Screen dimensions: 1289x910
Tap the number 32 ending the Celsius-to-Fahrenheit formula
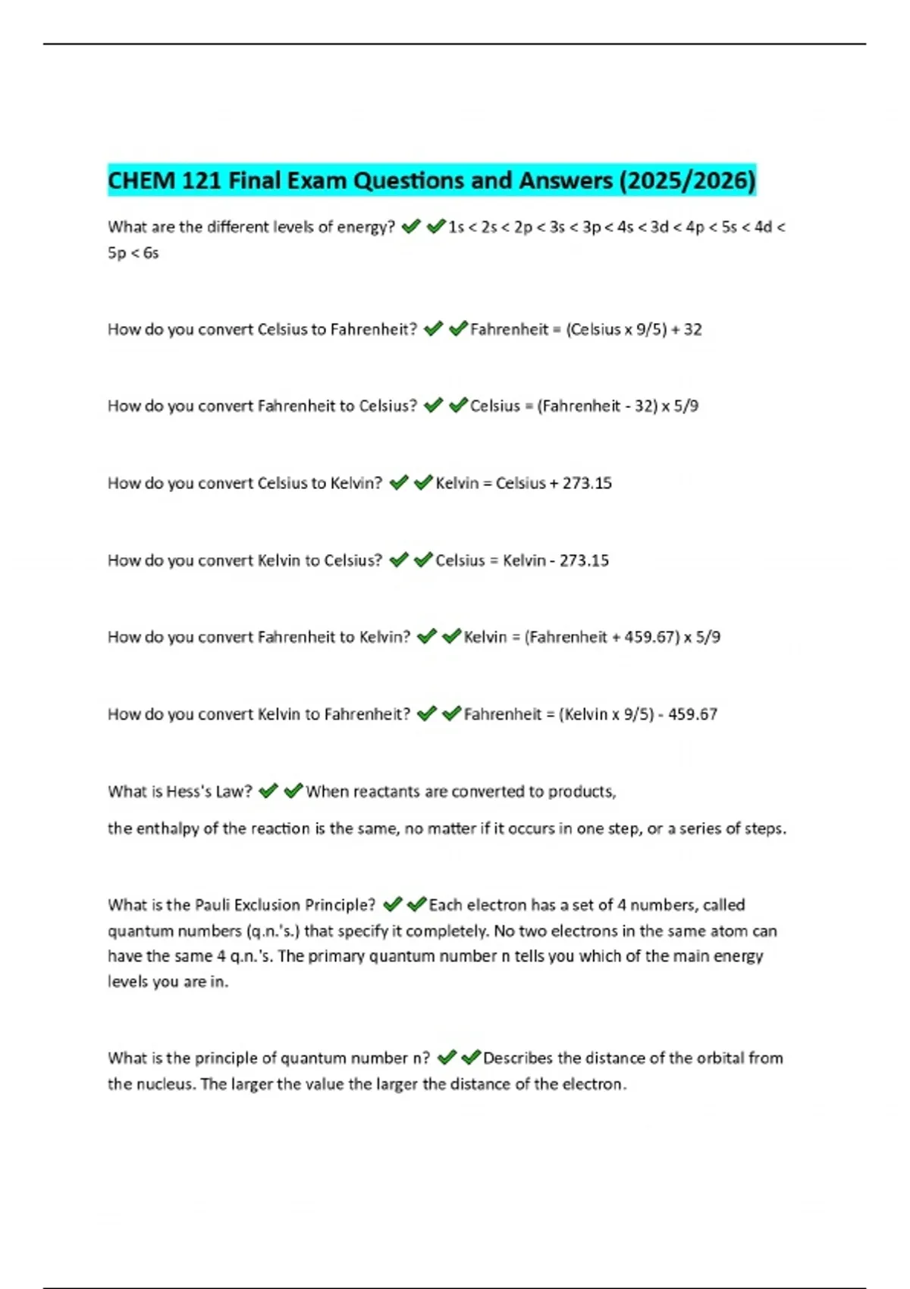click(x=692, y=329)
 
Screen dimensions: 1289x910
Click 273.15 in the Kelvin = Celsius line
click(x=587, y=483)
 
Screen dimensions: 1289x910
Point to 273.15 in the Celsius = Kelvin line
click(x=584, y=560)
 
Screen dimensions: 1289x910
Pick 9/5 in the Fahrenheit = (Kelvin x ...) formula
click(x=635, y=714)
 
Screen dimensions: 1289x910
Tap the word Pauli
click(x=212, y=905)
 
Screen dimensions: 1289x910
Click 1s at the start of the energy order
click(x=456, y=227)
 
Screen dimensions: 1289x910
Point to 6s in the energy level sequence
click(x=151, y=252)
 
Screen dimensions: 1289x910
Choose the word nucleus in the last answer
click(x=166, y=1084)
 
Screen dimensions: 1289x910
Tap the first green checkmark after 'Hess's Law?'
click(x=268, y=792)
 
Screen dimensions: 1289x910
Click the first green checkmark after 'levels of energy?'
click(x=411, y=227)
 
